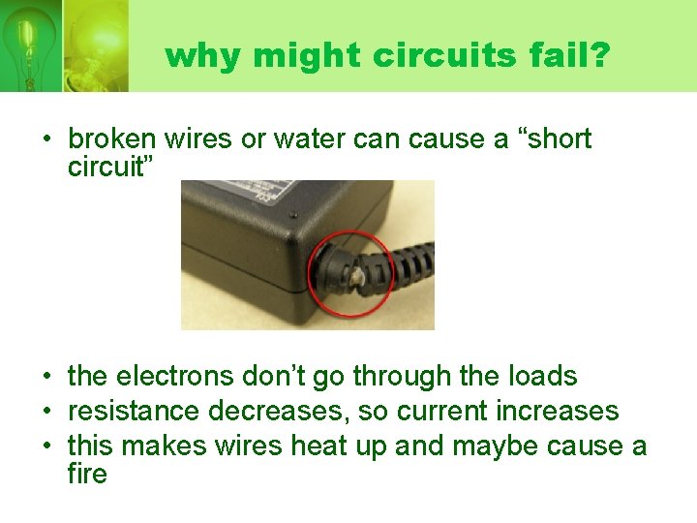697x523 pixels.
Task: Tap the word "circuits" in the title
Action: click(x=418, y=55)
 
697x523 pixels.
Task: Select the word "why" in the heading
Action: click(x=203, y=55)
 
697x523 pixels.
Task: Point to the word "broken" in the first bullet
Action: click(x=110, y=139)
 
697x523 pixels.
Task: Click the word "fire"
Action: click(x=87, y=475)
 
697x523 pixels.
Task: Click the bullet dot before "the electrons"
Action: click(x=46, y=377)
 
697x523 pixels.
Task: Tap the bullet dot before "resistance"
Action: click(x=46, y=412)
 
